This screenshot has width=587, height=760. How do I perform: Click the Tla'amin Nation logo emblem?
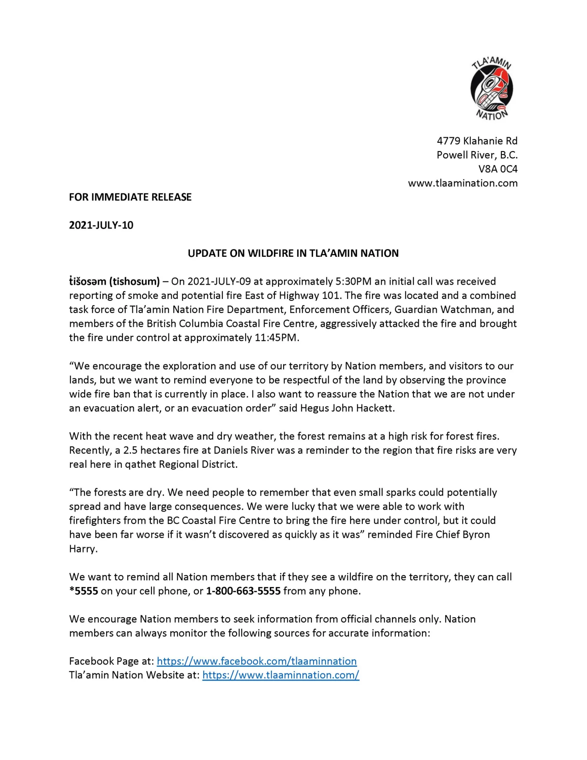491,88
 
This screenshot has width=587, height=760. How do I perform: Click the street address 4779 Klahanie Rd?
477,141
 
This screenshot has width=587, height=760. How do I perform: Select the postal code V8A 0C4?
498,169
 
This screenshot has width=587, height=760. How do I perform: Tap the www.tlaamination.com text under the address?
462,183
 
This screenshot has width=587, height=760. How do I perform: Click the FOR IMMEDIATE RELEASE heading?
130,197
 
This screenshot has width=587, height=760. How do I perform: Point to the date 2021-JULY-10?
101,225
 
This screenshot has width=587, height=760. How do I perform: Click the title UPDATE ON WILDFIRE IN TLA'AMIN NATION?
293,253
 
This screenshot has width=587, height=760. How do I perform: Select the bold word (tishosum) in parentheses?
134,281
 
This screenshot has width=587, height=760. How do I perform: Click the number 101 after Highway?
330,296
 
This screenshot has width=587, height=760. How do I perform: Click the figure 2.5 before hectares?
130,450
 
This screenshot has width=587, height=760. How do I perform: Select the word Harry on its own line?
82,549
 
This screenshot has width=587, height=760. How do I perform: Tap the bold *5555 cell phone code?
84,591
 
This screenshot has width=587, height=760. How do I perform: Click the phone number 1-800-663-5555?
243,591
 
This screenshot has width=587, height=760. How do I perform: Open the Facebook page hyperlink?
257,661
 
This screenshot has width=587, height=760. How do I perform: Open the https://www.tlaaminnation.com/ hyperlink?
280,675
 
